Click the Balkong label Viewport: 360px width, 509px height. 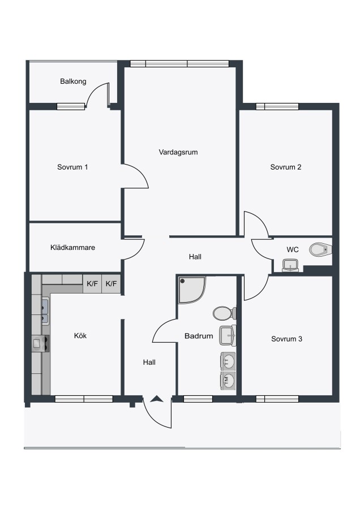73,81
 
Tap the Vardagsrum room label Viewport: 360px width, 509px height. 178,152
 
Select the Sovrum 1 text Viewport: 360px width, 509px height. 72,167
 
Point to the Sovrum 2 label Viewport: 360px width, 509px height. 286,167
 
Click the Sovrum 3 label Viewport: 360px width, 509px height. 286,339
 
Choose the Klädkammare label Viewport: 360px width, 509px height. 73,247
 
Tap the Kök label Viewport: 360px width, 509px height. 80,335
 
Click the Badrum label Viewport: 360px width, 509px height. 199,336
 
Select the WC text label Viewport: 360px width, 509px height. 293,249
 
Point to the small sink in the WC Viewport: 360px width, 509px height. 290,265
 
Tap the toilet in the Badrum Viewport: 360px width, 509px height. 225,313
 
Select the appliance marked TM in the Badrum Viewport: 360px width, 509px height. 228,381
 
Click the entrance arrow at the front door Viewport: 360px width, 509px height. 157,399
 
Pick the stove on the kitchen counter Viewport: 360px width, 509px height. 41,343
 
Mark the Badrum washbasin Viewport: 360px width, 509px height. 228,335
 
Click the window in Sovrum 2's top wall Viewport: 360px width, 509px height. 277,106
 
